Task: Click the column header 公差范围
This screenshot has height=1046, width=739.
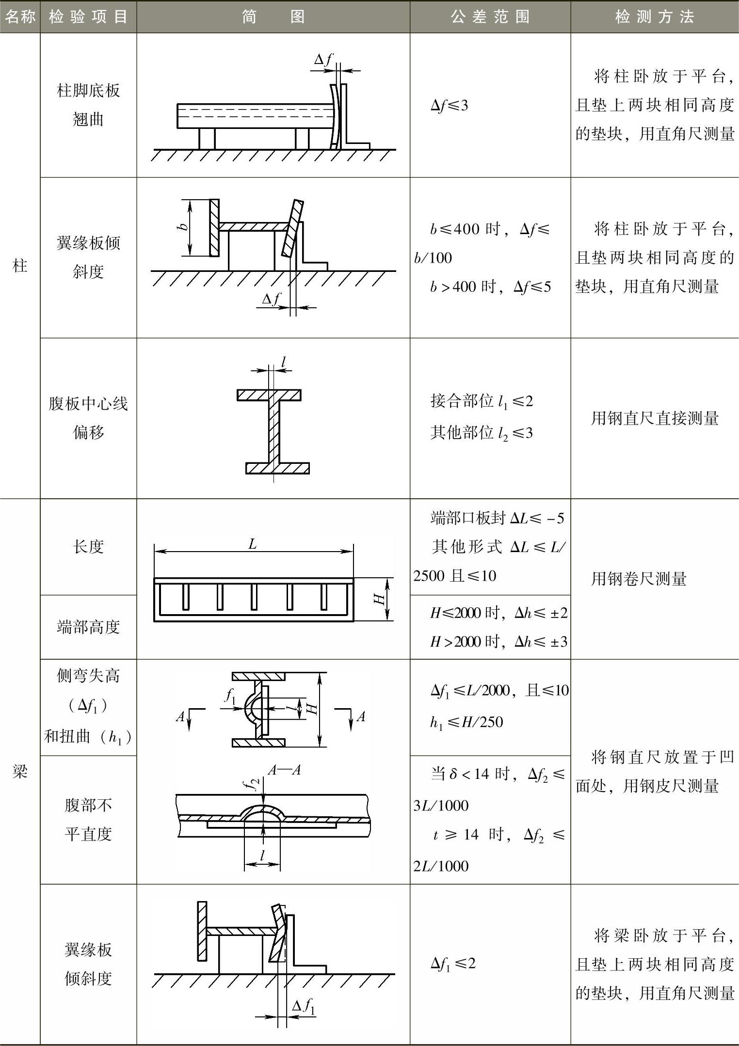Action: [x=490, y=17]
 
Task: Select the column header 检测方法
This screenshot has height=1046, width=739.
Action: [x=654, y=17]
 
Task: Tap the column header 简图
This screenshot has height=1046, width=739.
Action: [x=273, y=17]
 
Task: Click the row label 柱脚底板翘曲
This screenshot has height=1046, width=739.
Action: [x=88, y=105]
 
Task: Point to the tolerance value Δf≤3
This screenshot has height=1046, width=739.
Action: [x=449, y=106]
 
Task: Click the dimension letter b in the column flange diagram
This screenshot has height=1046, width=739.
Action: [x=182, y=226]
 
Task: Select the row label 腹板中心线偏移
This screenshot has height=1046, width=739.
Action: [x=88, y=418]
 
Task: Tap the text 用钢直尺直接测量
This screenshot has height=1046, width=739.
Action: [x=654, y=418]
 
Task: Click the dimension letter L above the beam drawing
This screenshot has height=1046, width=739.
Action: [x=252, y=544]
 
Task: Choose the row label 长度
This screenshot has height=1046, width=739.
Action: [x=88, y=547]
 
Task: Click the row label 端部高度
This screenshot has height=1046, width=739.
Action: [x=88, y=627]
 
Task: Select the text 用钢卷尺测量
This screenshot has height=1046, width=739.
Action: [x=638, y=578]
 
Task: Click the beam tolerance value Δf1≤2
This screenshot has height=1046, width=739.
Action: [x=453, y=963]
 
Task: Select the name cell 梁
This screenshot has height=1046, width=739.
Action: [x=20, y=772]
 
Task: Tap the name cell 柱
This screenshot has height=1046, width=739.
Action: [x=20, y=266]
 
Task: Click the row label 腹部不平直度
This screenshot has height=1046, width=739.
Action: [x=88, y=820]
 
